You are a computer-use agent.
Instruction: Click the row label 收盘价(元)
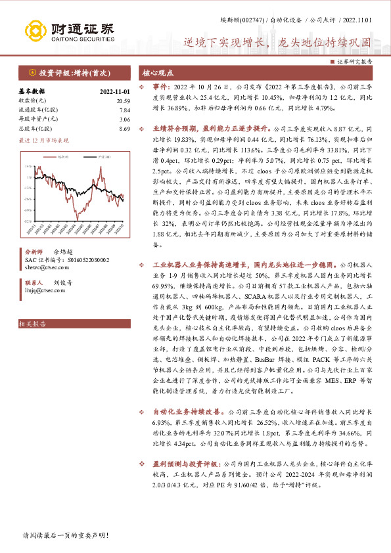pyautogui.click(x=32, y=100)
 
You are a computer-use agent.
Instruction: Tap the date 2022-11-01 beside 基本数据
pyautogui.click(x=116, y=91)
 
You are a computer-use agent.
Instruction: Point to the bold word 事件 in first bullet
pyautogui.click(x=162, y=86)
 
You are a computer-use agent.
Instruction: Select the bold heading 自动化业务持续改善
pyautogui.click(x=182, y=411)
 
